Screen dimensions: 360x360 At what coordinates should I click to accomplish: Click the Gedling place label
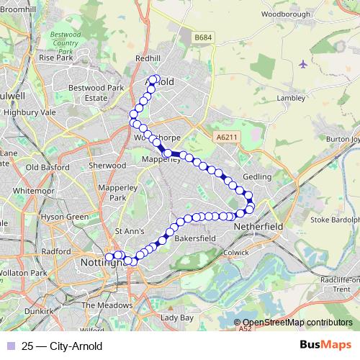(x=258, y=176)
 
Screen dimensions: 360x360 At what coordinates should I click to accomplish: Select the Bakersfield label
(x=195, y=237)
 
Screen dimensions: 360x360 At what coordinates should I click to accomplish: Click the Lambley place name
(x=291, y=98)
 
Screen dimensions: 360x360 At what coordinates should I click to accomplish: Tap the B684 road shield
(x=204, y=37)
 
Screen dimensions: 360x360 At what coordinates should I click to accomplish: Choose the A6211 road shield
(x=225, y=136)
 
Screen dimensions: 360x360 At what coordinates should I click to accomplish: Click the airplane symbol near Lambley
(x=302, y=64)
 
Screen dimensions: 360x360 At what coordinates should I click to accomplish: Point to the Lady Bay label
(x=177, y=318)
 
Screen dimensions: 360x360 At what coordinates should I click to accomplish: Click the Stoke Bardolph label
(x=335, y=220)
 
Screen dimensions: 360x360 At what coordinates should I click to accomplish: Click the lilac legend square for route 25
(x=9, y=346)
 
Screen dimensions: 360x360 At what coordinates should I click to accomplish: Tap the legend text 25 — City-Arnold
(x=62, y=346)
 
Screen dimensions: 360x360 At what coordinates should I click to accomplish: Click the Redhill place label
(x=148, y=58)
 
